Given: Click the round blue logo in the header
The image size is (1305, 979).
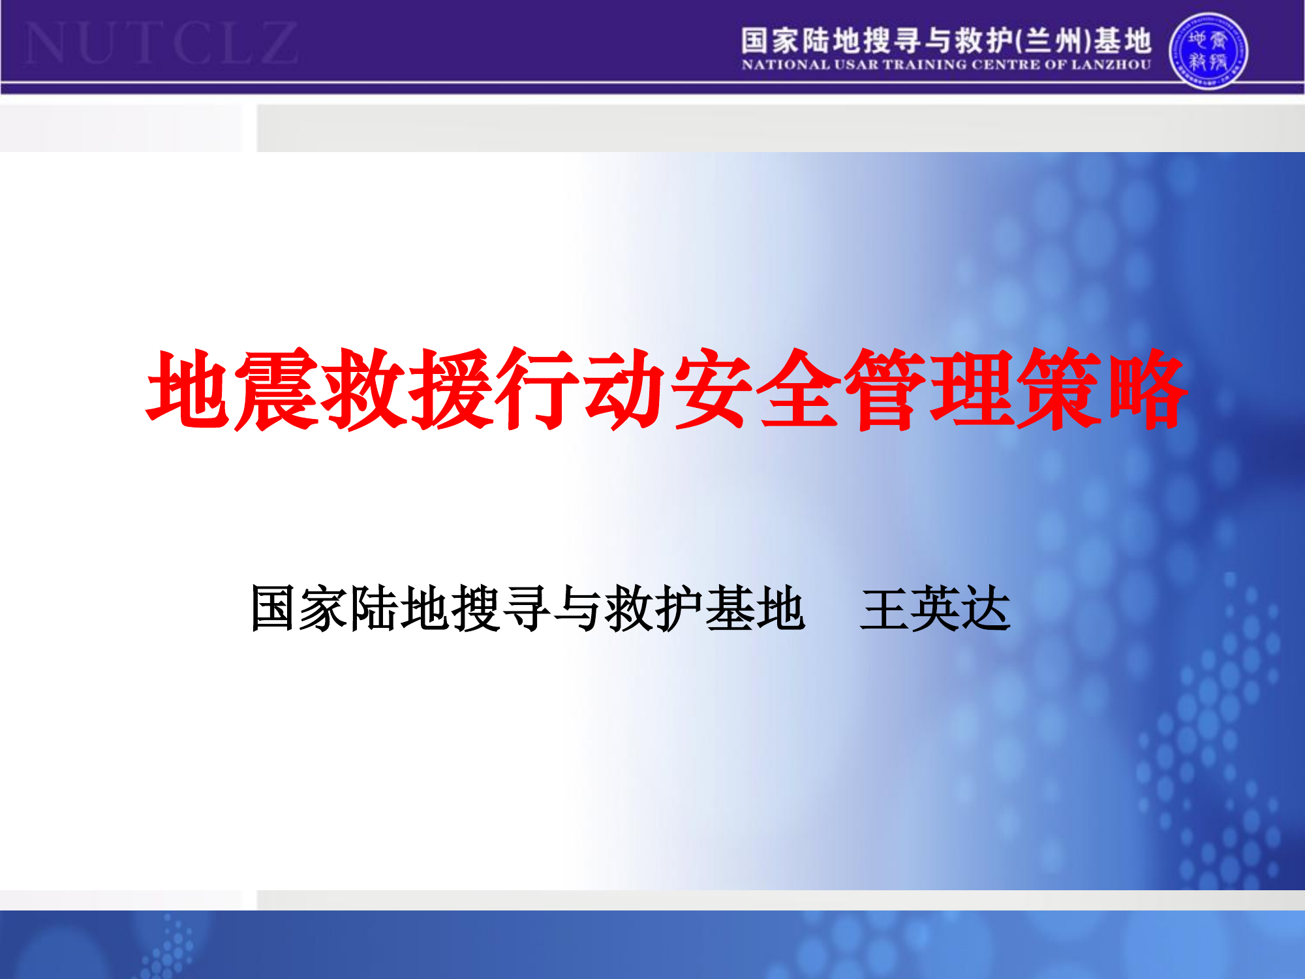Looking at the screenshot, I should point(1208,51).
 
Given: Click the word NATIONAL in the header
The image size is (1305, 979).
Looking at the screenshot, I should point(786,65).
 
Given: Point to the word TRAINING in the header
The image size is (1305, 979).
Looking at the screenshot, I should point(925,65).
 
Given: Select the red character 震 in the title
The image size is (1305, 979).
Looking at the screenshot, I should point(277,390).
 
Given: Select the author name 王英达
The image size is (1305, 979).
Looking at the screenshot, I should point(935,609).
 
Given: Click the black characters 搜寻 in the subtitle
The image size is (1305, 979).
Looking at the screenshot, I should point(501,609).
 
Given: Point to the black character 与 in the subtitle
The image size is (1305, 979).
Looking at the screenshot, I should point(578,609).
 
